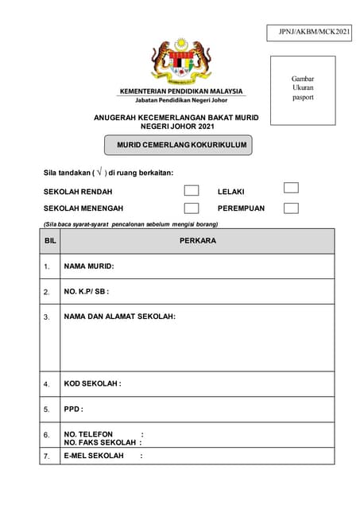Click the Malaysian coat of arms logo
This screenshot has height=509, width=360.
click(181, 62)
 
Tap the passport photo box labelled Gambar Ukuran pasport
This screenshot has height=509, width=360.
click(303, 88)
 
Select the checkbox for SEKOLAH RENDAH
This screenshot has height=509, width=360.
click(192, 191)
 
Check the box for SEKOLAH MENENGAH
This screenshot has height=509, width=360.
click(192, 208)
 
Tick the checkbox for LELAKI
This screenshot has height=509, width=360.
click(291, 188)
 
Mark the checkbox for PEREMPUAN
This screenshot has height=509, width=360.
click(291, 208)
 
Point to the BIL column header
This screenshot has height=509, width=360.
click(50, 240)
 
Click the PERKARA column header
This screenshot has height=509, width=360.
click(198, 240)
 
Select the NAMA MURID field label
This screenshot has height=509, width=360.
click(89, 266)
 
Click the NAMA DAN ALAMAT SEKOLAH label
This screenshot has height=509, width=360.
click(119, 317)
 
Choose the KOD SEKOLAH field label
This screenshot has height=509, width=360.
click(92, 384)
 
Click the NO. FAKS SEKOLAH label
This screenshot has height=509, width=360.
click(100, 442)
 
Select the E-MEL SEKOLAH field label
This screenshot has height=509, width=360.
click(94, 456)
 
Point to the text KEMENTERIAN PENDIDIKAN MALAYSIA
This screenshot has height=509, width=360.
click(181, 91)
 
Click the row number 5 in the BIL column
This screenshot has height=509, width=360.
click(47, 410)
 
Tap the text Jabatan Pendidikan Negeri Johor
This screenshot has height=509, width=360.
click(181, 101)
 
